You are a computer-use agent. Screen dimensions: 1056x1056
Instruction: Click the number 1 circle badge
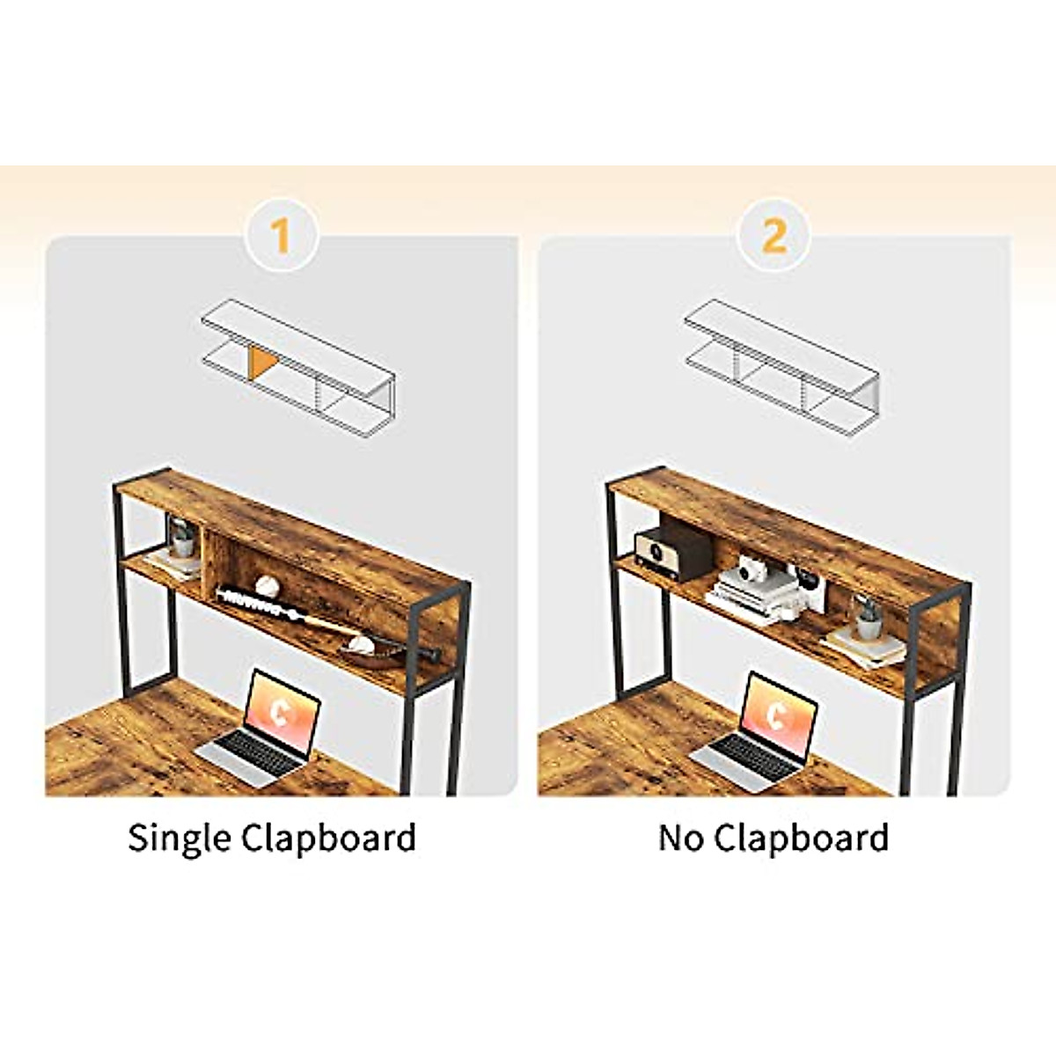(x=281, y=236)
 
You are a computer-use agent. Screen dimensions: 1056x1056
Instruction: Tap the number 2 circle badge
(x=774, y=236)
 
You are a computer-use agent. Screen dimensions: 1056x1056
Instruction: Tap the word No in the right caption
(x=681, y=838)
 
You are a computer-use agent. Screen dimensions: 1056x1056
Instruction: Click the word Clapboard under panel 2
(x=801, y=838)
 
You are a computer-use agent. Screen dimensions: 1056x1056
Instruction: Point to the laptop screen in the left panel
(x=282, y=714)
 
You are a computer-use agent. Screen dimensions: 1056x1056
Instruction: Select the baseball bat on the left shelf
(x=326, y=616)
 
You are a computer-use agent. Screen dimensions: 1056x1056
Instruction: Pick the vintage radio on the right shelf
(x=671, y=552)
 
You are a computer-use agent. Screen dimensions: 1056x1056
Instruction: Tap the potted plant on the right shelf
(x=867, y=615)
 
